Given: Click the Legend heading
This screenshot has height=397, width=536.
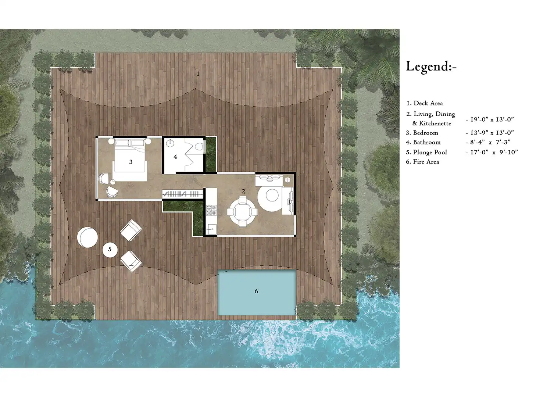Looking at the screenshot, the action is pos(431,66).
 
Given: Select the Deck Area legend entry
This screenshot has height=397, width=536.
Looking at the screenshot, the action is pos(424,103).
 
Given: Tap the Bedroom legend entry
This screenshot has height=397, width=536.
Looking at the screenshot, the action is pos(422,133).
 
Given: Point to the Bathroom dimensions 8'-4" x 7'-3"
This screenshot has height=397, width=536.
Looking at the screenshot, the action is pos(488,142).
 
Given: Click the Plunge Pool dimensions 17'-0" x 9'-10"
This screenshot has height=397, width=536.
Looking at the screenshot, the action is pos(492,152).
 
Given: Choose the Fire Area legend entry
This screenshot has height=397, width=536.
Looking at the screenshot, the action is pos(422,162).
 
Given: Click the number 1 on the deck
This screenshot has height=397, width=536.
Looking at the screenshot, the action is pos(198,74).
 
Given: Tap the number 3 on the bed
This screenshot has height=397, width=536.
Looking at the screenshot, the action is pos(131,162).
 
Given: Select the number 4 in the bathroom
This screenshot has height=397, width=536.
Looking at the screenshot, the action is pos(175,157).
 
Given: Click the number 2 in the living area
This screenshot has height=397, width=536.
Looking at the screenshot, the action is pos(243,192).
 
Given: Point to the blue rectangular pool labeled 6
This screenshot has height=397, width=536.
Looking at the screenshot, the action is pos(257,292).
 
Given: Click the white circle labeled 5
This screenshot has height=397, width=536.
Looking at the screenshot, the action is pos(110,250).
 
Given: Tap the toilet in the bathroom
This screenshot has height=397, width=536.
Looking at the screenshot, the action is pos(199,146).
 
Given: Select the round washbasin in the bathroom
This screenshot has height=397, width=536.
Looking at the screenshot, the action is pos(170,143).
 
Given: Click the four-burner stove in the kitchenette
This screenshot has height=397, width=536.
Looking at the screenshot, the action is pos(211,210).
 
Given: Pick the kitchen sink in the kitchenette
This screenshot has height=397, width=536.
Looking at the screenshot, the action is pos(212,229).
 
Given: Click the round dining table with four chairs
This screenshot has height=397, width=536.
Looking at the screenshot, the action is pos(242,212).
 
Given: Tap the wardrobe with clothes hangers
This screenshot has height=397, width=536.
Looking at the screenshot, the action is pos(182,194).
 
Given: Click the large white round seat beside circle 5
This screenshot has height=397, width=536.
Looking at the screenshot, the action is pos(87,237).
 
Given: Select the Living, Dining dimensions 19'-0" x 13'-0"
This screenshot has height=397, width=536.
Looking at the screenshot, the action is pos(490,119).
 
